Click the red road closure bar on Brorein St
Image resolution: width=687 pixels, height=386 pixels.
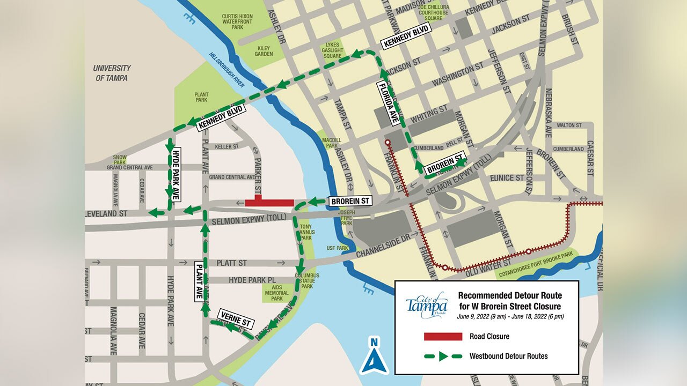[269, 202]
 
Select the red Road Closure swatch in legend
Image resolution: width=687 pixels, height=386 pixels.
[443, 337]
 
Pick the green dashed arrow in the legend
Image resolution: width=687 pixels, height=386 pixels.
[443, 356]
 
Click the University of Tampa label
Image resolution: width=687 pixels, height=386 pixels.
[112, 73]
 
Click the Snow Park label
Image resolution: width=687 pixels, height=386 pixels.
[120, 159]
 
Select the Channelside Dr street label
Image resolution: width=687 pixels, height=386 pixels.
[383, 245]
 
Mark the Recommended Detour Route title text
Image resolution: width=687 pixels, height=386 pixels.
[509, 301]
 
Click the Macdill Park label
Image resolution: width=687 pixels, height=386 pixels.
[332, 143]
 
